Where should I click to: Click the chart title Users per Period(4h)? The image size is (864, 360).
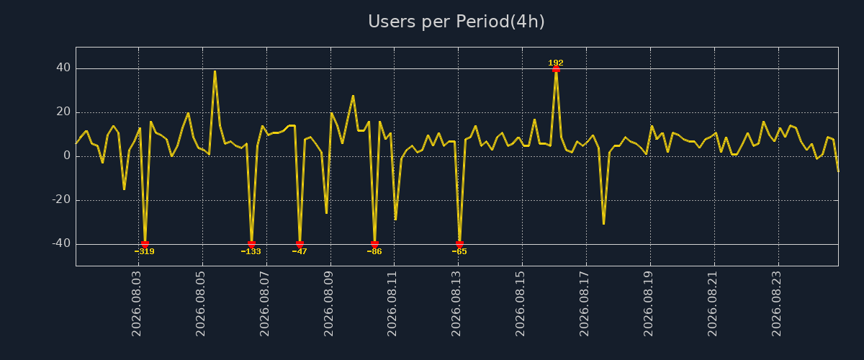(456, 22)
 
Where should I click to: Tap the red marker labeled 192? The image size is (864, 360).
(556, 69)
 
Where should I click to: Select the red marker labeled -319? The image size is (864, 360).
(145, 244)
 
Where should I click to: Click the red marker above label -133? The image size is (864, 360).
(251, 244)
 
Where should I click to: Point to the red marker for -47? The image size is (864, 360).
(300, 244)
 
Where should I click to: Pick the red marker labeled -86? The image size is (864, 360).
(374, 244)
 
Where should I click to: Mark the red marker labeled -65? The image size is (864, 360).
(459, 244)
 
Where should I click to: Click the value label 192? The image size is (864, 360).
(556, 63)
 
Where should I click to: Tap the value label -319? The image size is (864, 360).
(144, 251)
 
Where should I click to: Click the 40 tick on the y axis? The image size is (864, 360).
(63, 68)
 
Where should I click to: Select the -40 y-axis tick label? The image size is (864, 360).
(61, 243)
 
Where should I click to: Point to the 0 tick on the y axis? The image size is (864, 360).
(67, 156)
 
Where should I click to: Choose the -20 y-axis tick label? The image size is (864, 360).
(61, 199)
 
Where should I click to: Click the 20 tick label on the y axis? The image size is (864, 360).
(63, 112)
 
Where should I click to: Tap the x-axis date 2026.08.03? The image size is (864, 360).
(137, 304)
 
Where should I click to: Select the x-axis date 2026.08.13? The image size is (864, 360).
(456, 304)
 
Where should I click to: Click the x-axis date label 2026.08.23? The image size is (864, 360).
(776, 304)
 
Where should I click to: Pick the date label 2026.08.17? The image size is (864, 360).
(584, 304)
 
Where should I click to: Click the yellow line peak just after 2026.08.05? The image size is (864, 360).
(215, 71)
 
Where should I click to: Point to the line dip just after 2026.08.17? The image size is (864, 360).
(603, 224)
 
